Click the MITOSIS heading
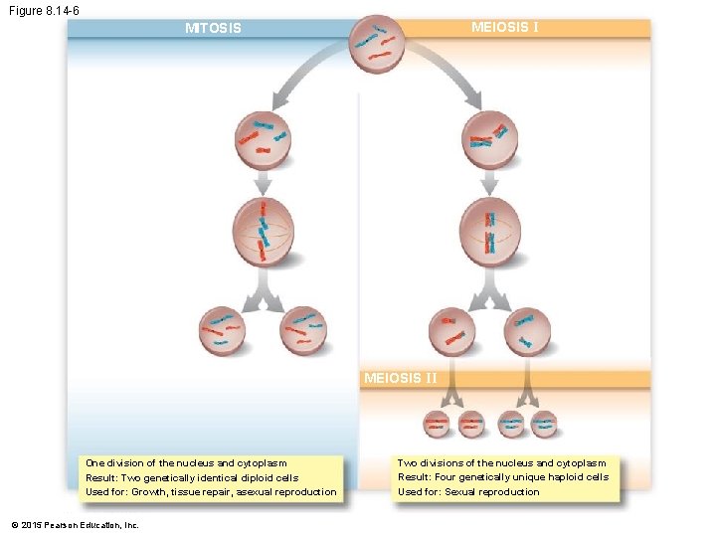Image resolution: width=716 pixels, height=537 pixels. pyautogui.click(x=213, y=28)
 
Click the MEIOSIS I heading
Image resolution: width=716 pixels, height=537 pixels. pyautogui.click(x=504, y=27)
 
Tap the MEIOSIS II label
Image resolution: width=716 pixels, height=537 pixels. pyautogui.click(x=400, y=378)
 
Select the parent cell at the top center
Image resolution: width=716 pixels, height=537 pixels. pyautogui.click(x=377, y=43)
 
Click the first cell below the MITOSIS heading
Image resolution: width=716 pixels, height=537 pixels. pyautogui.click(x=263, y=139)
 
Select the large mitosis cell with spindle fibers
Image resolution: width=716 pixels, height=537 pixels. pyautogui.click(x=263, y=232)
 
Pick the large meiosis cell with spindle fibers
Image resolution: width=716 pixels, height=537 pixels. pyautogui.click(x=490, y=232)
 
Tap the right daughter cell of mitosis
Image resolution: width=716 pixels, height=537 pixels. pyautogui.click(x=305, y=329)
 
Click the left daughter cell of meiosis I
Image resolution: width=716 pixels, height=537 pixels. pyautogui.click(x=453, y=331)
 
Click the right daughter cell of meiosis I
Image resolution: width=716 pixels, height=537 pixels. pyautogui.click(x=526, y=331)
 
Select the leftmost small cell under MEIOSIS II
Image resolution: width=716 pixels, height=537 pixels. pyautogui.click(x=437, y=425)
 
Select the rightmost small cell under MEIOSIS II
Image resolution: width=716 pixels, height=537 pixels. pyautogui.click(x=543, y=425)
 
